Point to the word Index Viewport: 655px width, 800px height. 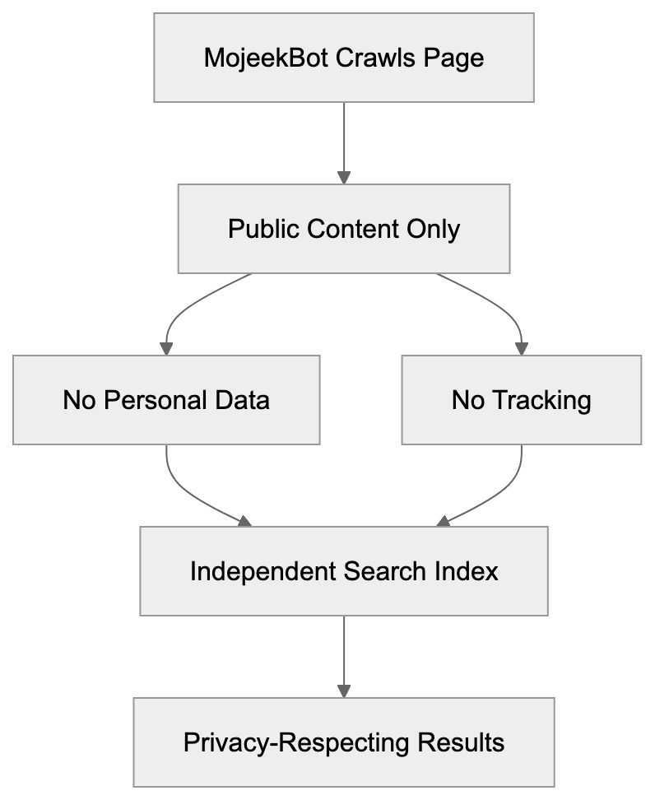point(469,571)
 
